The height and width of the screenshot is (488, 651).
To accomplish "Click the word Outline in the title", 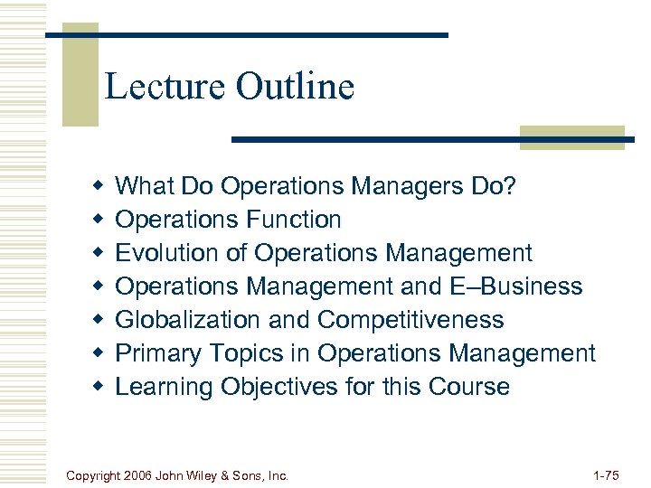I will (295, 87).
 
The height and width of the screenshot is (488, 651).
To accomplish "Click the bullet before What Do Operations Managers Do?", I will (98, 186).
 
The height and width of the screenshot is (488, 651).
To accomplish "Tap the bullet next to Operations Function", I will (98, 220).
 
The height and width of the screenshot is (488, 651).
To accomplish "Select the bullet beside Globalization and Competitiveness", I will (98, 320).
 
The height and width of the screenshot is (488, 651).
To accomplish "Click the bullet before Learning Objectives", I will (98, 387).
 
